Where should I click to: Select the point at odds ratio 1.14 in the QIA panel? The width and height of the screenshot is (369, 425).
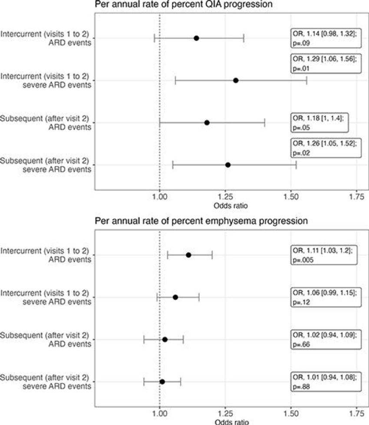point(196,38)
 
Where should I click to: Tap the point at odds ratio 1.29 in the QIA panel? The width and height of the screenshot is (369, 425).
point(236,80)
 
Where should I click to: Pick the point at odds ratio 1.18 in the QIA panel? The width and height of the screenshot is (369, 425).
point(207,122)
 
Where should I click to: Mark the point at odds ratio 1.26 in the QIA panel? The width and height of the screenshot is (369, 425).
point(228,165)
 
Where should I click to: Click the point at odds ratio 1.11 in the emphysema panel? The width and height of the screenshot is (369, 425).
point(188,255)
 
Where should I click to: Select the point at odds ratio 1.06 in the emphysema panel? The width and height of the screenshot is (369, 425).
point(175,297)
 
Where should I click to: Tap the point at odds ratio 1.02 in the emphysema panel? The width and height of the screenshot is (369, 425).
point(165,339)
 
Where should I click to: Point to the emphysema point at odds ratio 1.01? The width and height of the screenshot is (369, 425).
point(162,382)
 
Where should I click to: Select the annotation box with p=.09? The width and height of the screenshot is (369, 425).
point(325,38)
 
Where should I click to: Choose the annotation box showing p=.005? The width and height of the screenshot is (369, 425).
point(325,255)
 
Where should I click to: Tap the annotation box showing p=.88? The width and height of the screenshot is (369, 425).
point(325,382)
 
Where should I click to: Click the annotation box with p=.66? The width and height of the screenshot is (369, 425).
point(325,339)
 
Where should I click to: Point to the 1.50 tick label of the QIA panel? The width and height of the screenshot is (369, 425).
point(291,197)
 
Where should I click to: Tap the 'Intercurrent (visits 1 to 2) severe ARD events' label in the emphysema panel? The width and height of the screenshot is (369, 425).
point(46,297)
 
